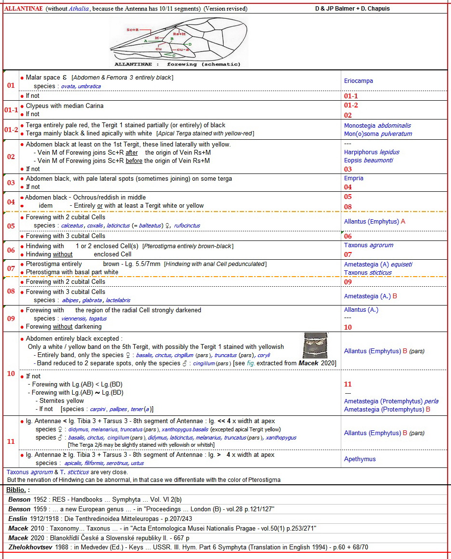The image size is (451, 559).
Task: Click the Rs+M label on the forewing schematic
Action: pyautogui.click(x=179, y=34)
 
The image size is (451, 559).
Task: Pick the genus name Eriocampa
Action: pyautogui.click(x=359, y=81)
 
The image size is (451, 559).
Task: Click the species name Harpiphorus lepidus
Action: pyautogui.click(x=372, y=152)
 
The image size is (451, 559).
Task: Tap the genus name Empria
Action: pyautogui.click(x=354, y=178)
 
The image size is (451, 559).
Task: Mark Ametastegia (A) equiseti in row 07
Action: pyautogui.click(x=378, y=264)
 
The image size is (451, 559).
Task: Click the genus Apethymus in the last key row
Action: pyautogui.click(x=360, y=459)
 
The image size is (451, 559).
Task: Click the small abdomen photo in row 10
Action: pyautogui.click(x=315, y=346)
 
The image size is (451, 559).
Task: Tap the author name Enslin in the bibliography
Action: pyautogui.click(x=19, y=518)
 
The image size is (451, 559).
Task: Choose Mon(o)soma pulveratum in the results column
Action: pyautogui.click(x=378, y=133)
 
